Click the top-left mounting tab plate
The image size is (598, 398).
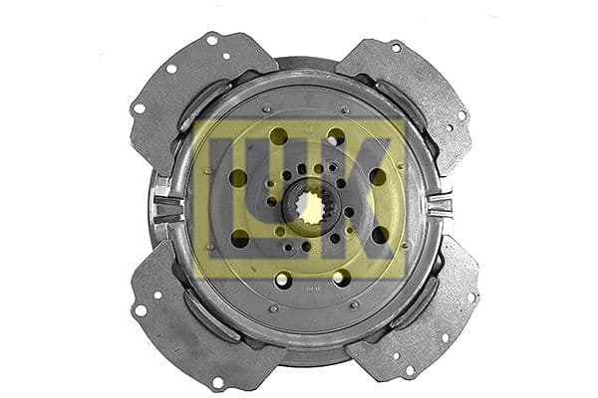193,90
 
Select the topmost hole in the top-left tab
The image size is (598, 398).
212,40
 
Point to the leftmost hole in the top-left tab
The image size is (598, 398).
138,107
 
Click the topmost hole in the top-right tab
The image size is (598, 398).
396,47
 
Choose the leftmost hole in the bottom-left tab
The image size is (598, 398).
141,310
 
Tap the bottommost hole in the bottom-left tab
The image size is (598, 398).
217,381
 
